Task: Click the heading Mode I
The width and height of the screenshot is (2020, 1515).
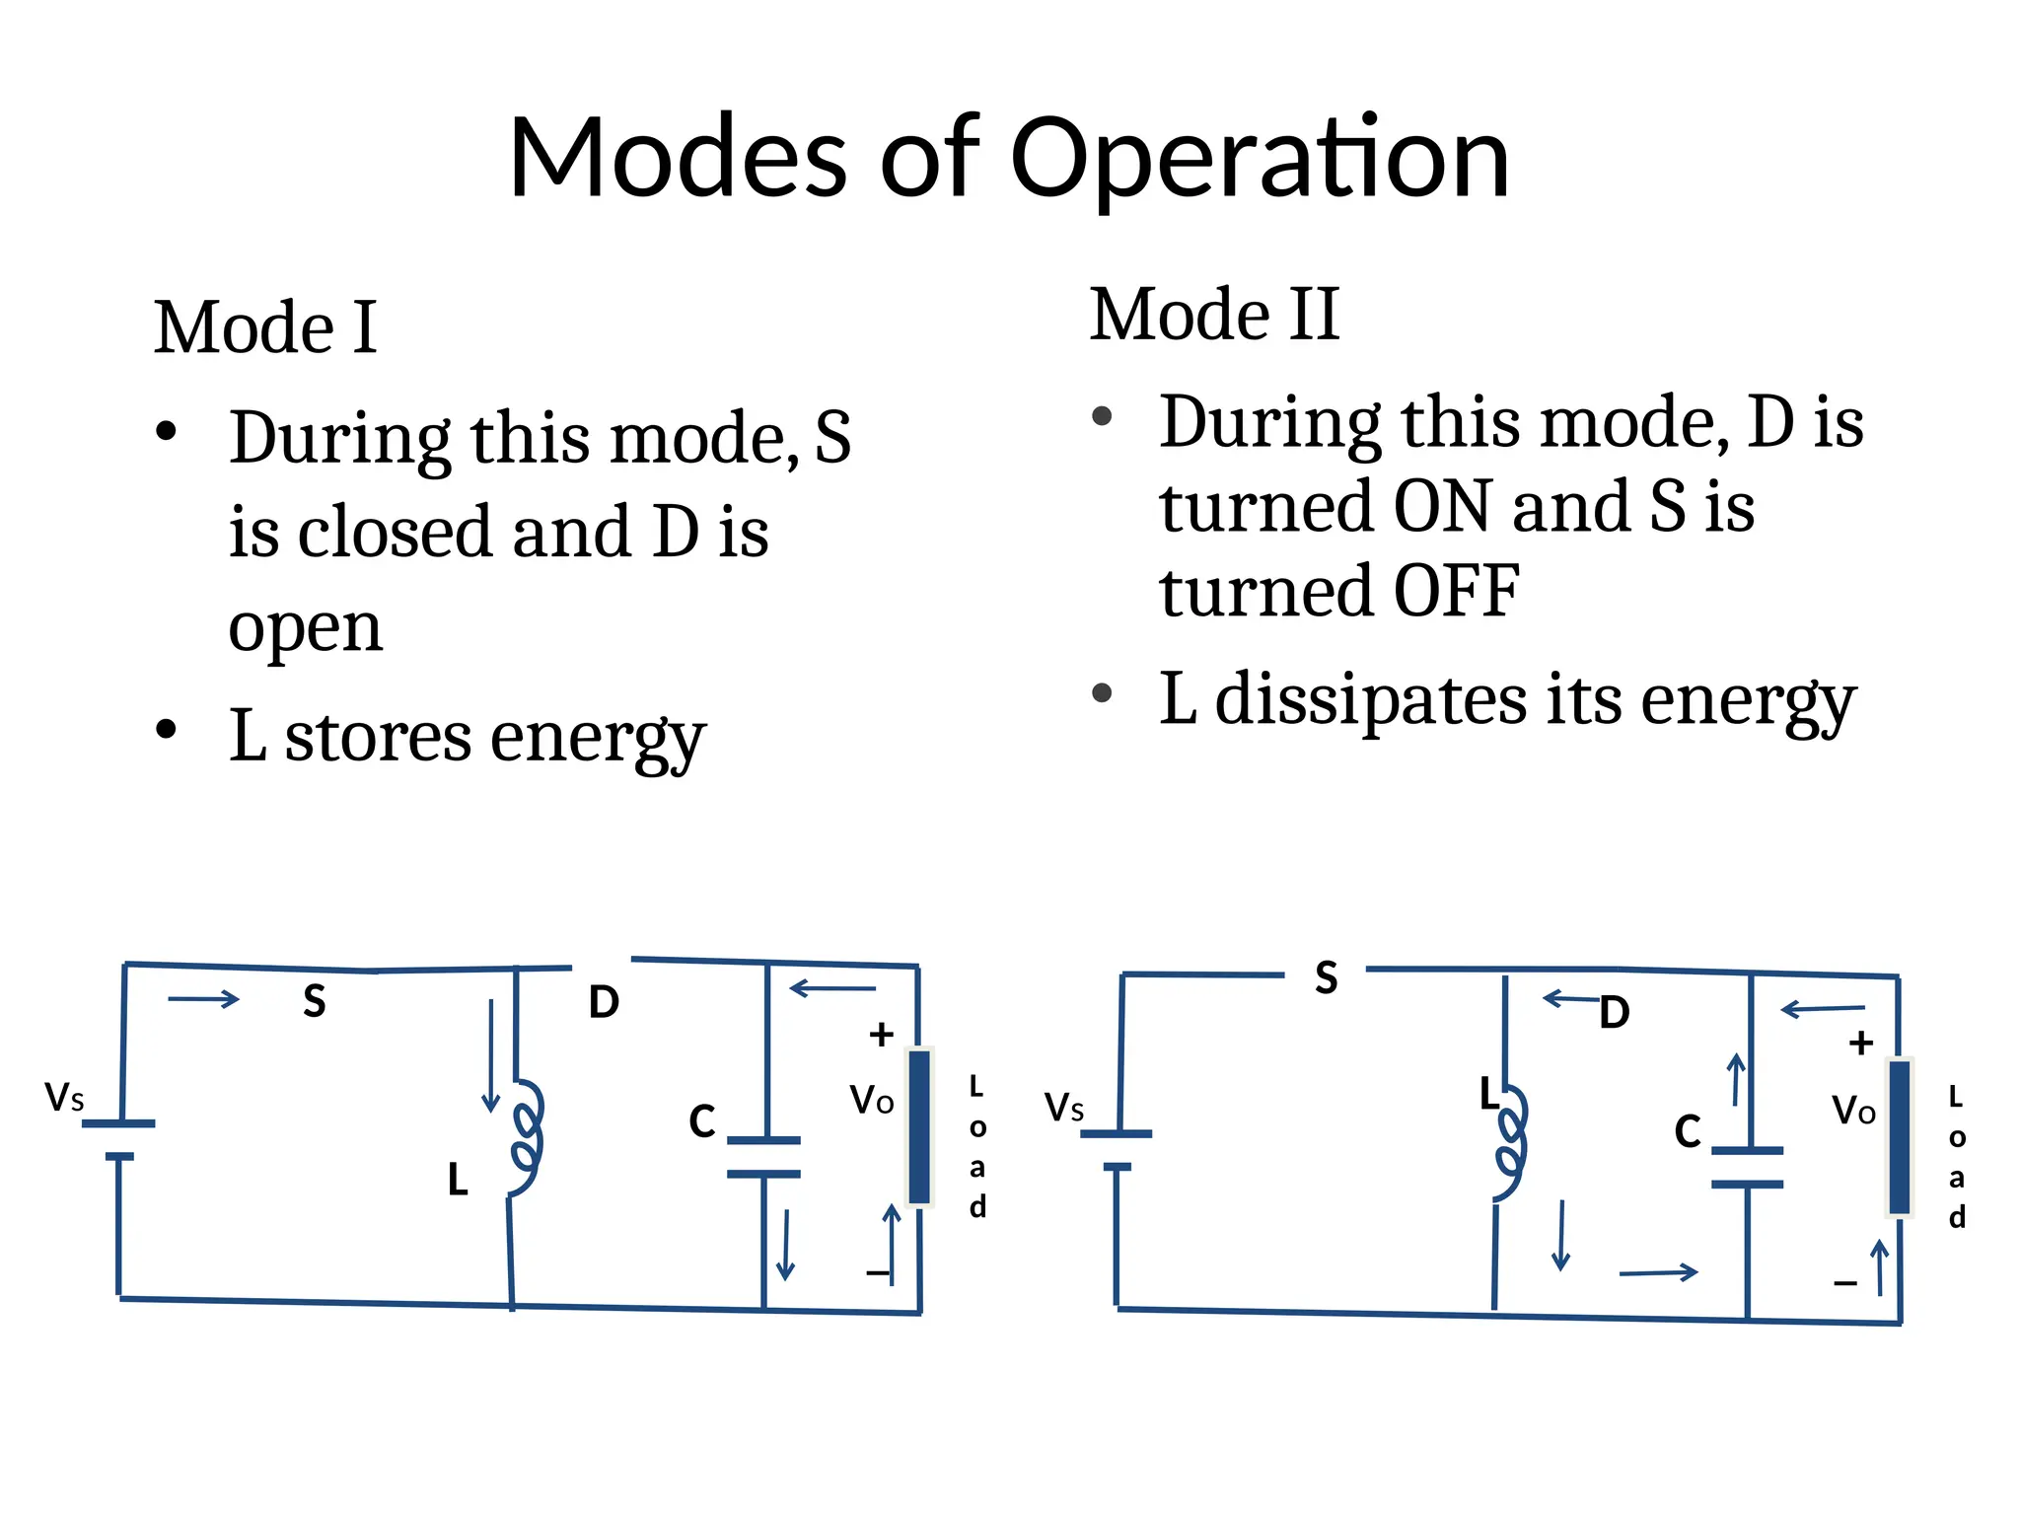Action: click(265, 327)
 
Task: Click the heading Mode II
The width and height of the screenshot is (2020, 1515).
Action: click(1214, 315)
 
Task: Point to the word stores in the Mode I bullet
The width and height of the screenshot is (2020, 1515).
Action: click(378, 737)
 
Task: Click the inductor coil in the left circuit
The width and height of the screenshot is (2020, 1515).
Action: click(527, 1137)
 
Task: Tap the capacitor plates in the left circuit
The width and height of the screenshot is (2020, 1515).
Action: click(763, 1157)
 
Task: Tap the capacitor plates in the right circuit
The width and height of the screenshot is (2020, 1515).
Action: click(1747, 1167)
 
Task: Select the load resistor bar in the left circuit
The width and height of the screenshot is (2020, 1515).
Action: click(919, 1126)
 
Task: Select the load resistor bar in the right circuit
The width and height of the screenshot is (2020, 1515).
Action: click(1899, 1136)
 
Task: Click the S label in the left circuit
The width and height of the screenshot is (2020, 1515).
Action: click(314, 1001)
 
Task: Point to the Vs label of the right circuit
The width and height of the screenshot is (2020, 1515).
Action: click(1064, 1108)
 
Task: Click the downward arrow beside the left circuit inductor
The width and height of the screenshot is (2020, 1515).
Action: click(490, 1055)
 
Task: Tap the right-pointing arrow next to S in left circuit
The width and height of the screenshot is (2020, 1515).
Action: click(203, 999)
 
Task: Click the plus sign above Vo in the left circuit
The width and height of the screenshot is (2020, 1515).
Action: click(881, 1035)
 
